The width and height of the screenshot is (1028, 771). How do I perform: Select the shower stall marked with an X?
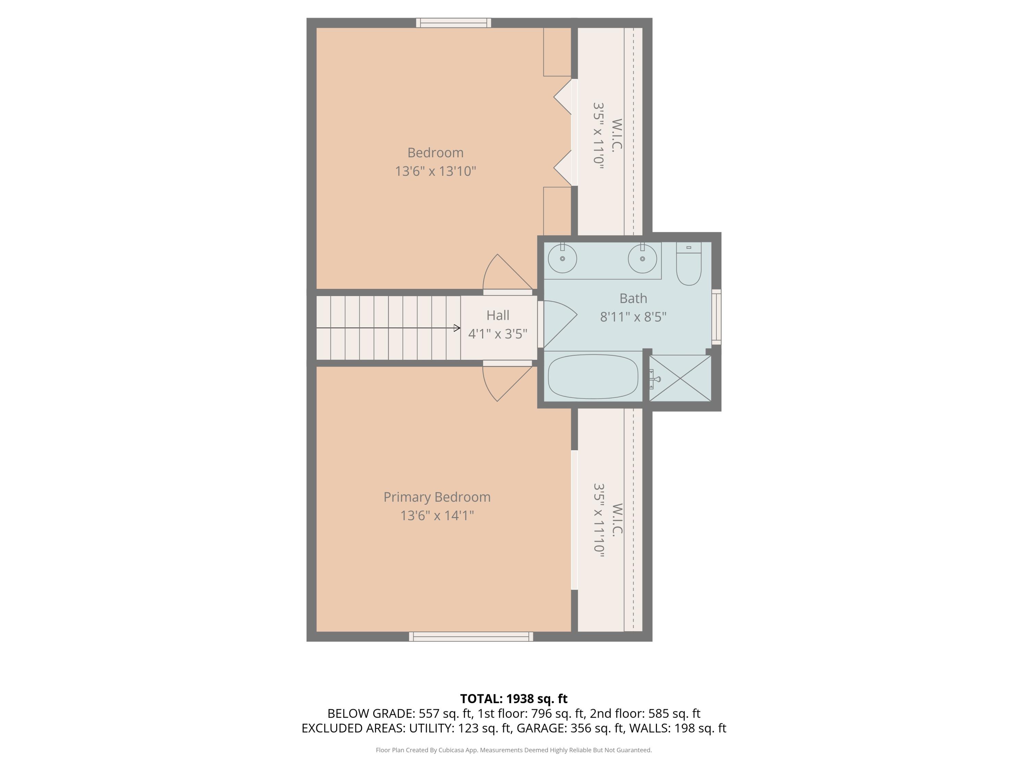680,378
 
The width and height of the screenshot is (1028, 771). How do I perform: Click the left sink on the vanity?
562,258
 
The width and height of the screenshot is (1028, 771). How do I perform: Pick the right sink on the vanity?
642,258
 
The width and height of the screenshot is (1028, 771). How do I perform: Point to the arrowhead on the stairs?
457,328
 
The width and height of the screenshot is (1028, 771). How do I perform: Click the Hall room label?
498,315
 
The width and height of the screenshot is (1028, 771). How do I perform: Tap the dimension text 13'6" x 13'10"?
436,171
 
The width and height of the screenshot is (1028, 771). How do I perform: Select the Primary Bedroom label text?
437,497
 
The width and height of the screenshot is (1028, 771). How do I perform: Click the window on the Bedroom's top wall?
454,23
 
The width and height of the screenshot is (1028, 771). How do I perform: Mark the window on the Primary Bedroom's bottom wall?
471,637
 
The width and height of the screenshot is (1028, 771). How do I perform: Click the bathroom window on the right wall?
716,317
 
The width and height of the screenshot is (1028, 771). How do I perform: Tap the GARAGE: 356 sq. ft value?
570,728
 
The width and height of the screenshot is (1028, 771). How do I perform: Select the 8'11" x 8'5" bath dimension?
633,317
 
